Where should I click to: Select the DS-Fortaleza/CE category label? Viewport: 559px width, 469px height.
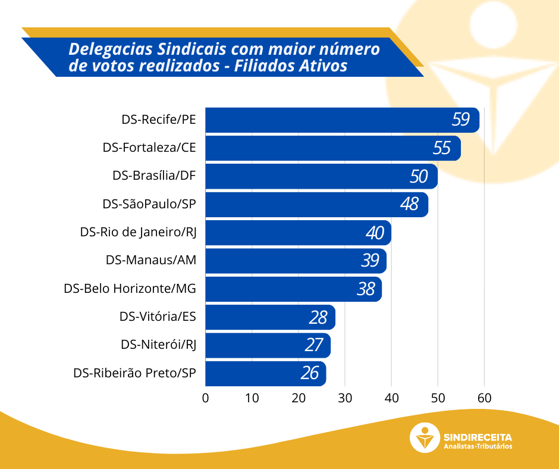(x=149, y=148)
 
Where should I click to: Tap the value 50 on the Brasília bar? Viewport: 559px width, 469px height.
(x=419, y=176)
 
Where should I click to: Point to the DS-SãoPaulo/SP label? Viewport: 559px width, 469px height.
(x=149, y=204)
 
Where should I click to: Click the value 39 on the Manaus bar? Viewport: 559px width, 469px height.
(x=370, y=261)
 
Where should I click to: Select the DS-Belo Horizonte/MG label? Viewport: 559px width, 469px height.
(x=130, y=289)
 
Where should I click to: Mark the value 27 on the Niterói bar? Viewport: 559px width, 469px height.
(x=314, y=345)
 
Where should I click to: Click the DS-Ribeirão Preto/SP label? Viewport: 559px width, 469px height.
(x=134, y=374)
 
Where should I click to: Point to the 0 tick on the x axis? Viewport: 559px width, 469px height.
(x=206, y=398)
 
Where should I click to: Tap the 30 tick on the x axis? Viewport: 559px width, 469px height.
(x=345, y=398)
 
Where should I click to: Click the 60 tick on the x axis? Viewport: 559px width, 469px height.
(x=484, y=398)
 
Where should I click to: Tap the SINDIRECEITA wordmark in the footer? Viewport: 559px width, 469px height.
(x=478, y=436)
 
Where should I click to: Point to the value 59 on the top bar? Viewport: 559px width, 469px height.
(x=460, y=120)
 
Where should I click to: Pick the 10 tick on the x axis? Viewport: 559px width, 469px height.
(x=252, y=398)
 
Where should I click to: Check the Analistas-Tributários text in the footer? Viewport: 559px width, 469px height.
(x=478, y=447)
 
